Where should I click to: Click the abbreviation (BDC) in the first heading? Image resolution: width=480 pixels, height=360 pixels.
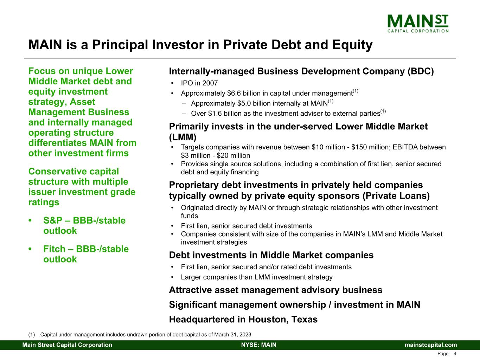(x=421, y=71)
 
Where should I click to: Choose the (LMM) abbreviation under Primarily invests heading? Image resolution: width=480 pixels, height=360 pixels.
(x=183, y=137)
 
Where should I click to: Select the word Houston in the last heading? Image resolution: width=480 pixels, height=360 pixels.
(x=266, y=320)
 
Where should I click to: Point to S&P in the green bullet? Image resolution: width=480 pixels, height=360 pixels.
(x=52, y=221)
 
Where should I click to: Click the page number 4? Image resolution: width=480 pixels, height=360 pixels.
(x=455, y=354)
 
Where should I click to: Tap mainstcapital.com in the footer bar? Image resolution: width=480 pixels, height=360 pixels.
(x=431, y=345)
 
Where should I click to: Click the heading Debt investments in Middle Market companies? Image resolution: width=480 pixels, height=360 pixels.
(x=271, y=255)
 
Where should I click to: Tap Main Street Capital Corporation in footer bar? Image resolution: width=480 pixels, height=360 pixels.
(x=68, y=345)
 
